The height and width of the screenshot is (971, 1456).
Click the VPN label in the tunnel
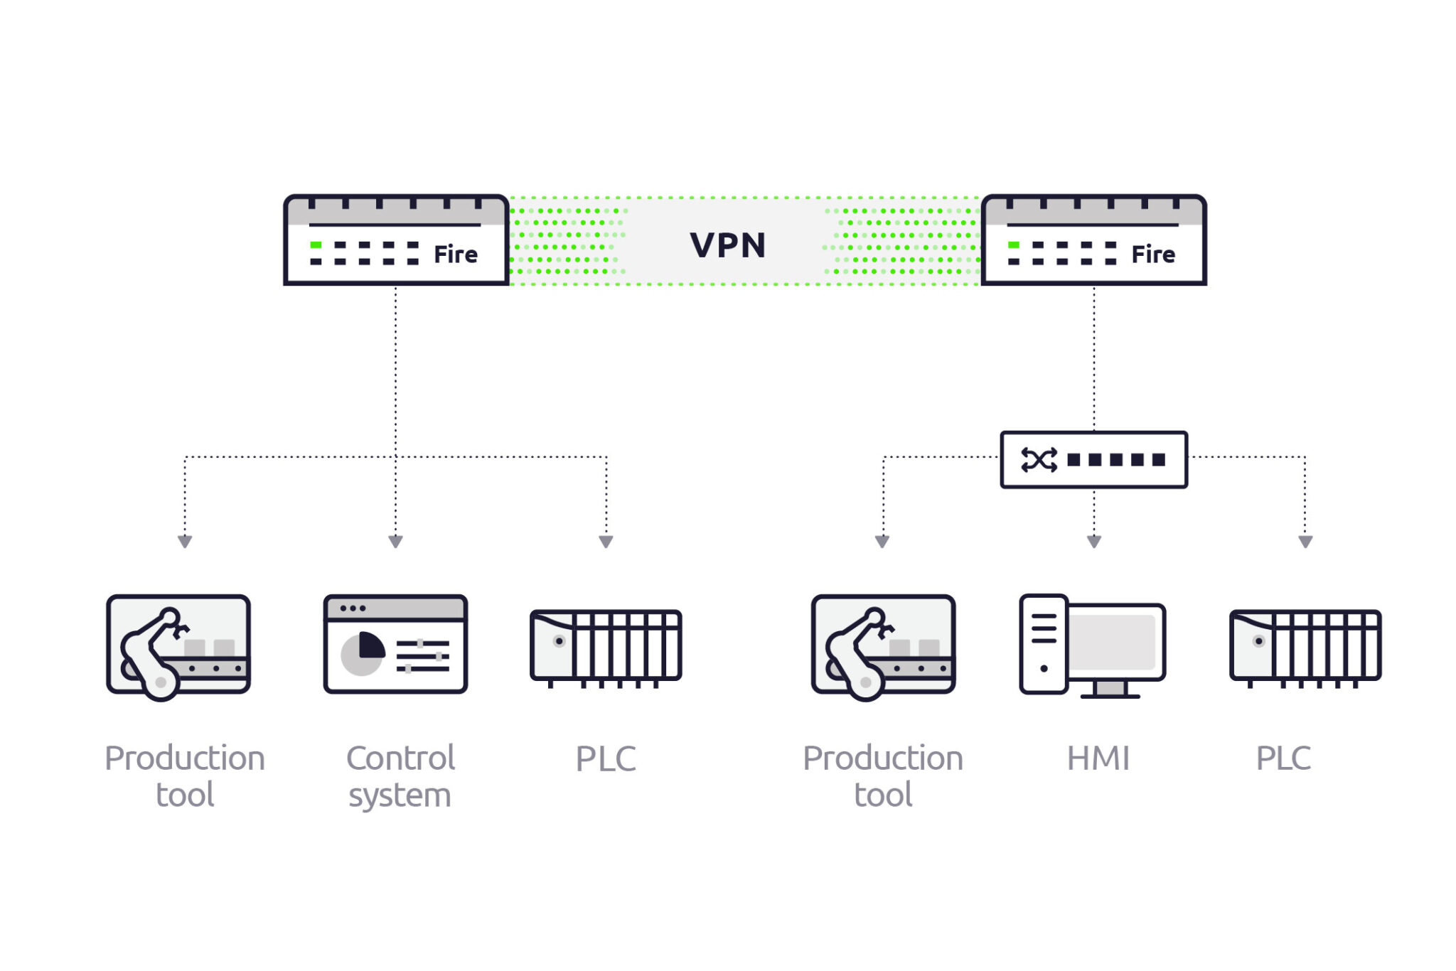click(x=727, y=245)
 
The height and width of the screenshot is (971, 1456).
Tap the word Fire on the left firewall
click(x=455, y=254)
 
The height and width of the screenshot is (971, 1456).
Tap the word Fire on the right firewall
click(x=1152, y=254)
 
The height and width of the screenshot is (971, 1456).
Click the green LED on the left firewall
click(x=316, y=245)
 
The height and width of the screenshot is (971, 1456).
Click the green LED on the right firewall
click(x=1014, y=245)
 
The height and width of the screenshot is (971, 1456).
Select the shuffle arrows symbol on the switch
click(x=1039, y=460)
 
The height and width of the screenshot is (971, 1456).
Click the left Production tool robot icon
click(x=178, y=646)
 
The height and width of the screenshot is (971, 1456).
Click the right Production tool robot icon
click(x=883, y=646)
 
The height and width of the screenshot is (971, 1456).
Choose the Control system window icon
click(x=395, y=644)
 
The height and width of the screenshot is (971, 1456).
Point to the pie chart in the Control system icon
click(x=363, y=653)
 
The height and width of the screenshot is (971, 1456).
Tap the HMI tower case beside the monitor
click(x=1043, y=643)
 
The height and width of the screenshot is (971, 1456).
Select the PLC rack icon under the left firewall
click(x=606, y=646)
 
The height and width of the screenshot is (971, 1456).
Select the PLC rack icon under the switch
click(x=1305, y=646)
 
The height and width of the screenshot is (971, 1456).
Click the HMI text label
click(x=1098, y=758)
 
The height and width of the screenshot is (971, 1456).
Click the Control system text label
click(x=400, y=776)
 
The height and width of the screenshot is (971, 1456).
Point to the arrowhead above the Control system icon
click(x=396, y=542)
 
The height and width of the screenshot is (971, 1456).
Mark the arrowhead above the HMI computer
click(x=1094, y=542)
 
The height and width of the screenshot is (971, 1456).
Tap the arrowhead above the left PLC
click(x=606, y=542)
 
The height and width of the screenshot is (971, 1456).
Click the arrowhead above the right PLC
click(x=1305, y=542)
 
